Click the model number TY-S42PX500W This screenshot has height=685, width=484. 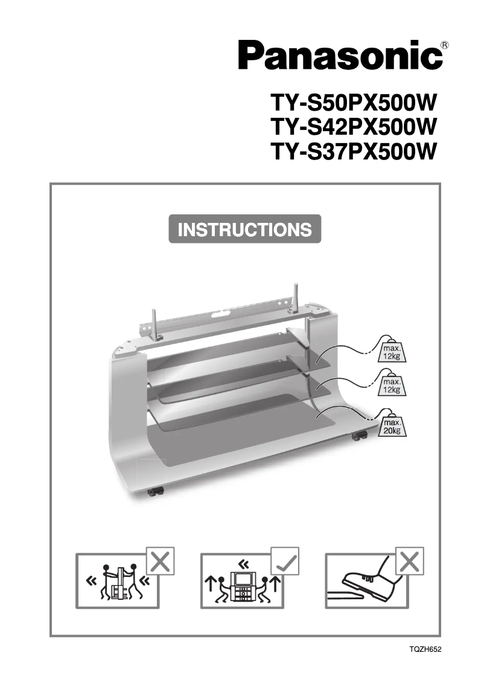pos(353,127)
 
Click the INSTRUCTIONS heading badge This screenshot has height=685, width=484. pos(245,230)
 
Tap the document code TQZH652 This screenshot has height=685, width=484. pos(425,650)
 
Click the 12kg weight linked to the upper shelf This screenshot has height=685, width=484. pos(392,351)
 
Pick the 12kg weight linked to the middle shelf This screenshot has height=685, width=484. pos(392,385)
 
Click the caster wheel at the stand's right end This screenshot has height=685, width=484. pos(360,435)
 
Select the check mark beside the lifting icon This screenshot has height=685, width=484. pos(284,561)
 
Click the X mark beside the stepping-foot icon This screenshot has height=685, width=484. pos(409,561)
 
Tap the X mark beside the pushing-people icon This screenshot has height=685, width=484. pos(160,561)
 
